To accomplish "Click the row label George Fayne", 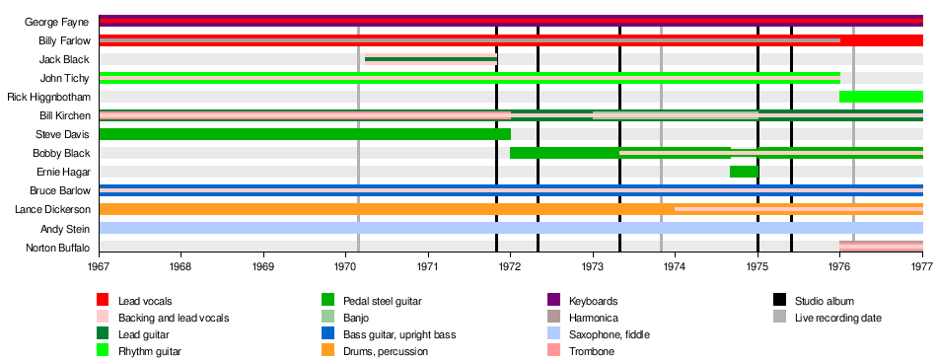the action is click(x=57, y=22).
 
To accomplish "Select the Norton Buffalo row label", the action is click(x=57, y=247).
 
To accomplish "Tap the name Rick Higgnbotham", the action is click(x=48, y=97).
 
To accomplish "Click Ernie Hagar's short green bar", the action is click(x=744, y=172).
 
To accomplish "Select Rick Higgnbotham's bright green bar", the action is click(x=882, y=97).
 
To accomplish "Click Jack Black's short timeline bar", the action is click(x=431, y=59).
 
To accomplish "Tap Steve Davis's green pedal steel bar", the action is click(x=305, y=134).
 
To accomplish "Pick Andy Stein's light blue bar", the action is click(x=511, y=228).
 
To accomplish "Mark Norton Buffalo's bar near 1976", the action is click(x=882, y=247).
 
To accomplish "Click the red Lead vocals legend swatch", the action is click(x=103, y=300).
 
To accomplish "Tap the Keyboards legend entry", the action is click(x=583, y=300).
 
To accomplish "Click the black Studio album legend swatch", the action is click(x=778, y=300).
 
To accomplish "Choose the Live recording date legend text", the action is click(x=838, y=318).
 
